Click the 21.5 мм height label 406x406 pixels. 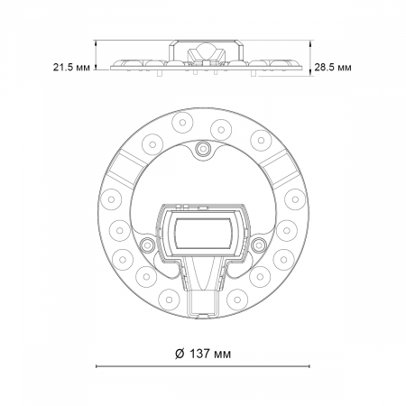point(69,67)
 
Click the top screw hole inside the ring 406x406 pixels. point(202,147)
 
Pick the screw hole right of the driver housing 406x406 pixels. point(259,244)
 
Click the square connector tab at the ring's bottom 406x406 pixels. point(204,301)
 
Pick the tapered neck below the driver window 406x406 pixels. point(204,272)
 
